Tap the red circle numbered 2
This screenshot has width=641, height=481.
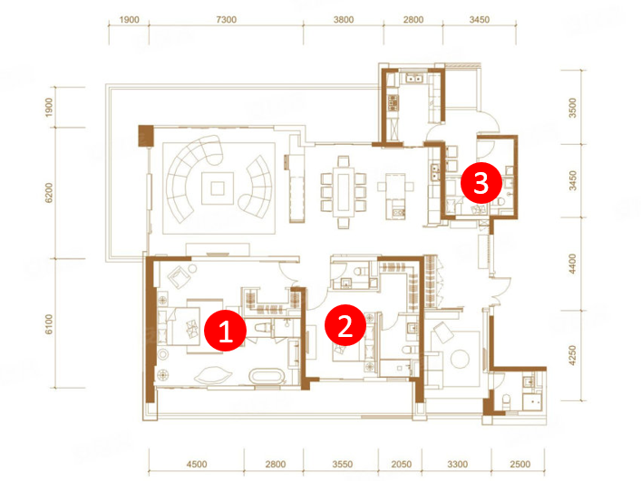[x=345, y=325]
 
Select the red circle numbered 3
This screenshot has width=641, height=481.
[x=481, y=183]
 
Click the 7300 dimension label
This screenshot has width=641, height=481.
[x=226, y=20]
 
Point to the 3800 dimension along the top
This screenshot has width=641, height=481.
[x=344, y=20]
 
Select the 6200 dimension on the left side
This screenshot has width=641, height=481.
[x=49, y=193]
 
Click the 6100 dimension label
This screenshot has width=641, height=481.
[x=49, y=324]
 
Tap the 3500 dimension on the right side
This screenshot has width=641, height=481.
[x=573, y=108]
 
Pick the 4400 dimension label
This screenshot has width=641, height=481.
[x=573, y=264]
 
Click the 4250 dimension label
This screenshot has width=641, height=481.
[x=573, y=355]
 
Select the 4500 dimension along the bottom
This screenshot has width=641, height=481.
[x=197, y=465]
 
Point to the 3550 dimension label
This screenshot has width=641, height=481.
[x=342, y=465]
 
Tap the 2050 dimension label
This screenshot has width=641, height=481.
[x=401, y=465]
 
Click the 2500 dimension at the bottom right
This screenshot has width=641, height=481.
[x=520, y=465]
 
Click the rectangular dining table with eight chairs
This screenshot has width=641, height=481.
[x=344, y=192]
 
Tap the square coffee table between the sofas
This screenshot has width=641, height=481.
[x=218, y=188]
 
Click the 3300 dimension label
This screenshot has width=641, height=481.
[x=457, y=465]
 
